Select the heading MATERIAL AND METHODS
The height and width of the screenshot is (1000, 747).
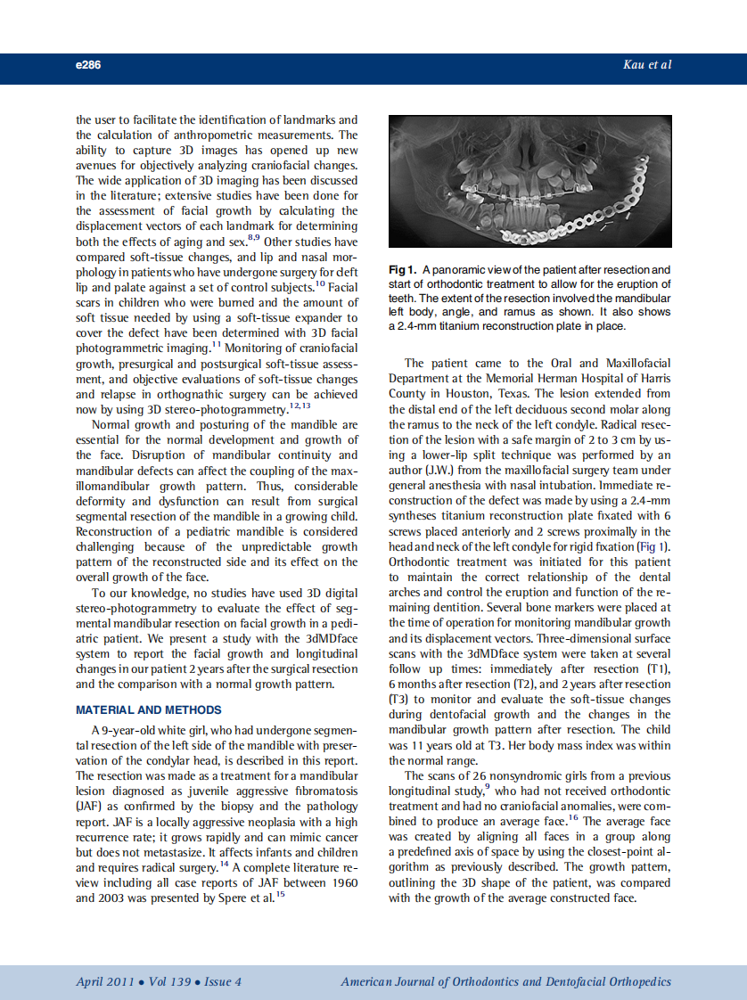click(x=149, y=709)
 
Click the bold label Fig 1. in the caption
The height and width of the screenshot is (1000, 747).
click(x=403, y=270)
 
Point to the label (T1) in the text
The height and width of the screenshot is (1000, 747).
click(x=657, y=669)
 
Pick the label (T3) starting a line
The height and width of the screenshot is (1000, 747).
click(x=398, y=701)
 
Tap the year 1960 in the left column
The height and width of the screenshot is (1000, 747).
click(x=341, y=882)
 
